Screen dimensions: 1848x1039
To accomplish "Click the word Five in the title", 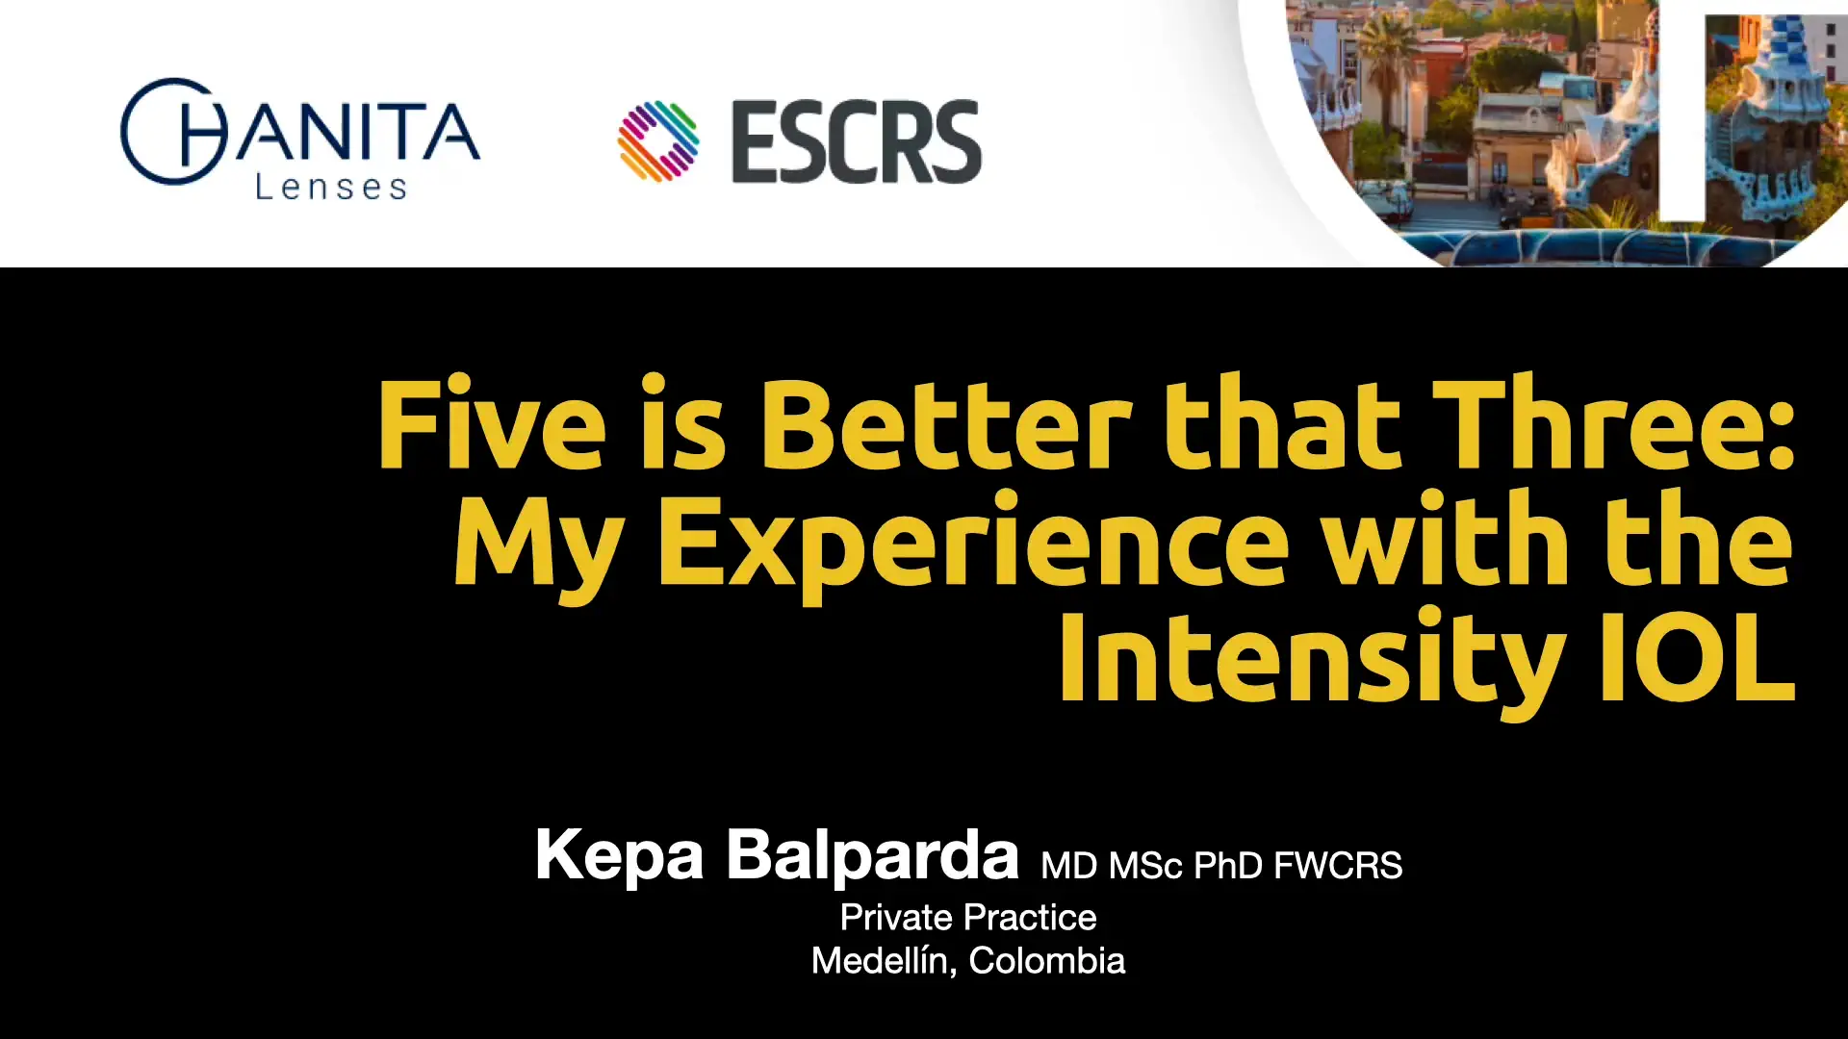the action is pos(492,422).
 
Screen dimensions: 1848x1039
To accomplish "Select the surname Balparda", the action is pos(872,853).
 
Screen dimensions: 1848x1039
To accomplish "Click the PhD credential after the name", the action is pos(1228,866).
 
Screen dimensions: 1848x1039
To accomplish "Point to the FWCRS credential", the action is pos(1338,866).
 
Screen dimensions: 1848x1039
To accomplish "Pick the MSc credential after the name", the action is pos(1145,866).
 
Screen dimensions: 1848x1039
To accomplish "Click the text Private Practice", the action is pos(968,918).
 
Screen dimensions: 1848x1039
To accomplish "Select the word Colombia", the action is pos(1047,961).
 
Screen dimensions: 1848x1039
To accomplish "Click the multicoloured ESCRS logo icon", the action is pos(658,141).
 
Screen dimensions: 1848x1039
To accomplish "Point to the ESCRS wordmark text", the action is pos(857,141).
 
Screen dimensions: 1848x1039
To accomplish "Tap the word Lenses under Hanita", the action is pos(331,187).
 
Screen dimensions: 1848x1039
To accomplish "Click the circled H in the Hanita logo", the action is pos(174,132).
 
